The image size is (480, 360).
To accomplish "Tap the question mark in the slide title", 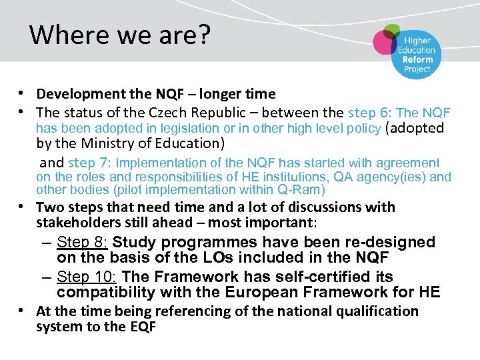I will (203, 35).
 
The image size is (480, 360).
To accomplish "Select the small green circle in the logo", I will (392, 30).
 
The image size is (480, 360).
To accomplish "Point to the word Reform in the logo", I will (417, 59).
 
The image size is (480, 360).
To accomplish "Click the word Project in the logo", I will (417, 69).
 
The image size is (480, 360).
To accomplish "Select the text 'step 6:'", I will (370, 112).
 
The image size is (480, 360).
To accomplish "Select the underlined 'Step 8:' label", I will (82, 242).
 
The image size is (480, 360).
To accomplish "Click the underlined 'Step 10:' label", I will (86, 277).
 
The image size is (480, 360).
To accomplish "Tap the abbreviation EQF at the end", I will (141, 327).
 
